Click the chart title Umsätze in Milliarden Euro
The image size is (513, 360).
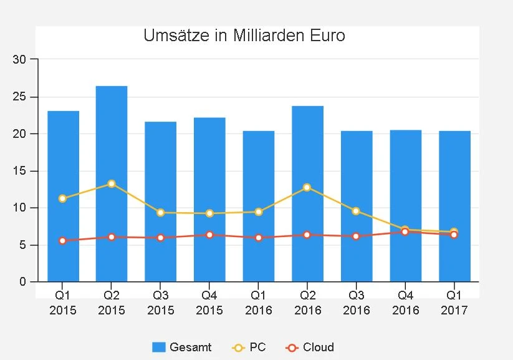point(244,36)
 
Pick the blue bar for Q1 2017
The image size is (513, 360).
point(454,206)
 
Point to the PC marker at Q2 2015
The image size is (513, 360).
point(112,183)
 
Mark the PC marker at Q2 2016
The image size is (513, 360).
point(307,187)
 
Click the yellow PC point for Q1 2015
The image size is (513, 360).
point(62,198)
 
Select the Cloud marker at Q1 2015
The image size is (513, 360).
point(62,240)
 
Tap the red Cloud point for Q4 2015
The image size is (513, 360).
point(209,235)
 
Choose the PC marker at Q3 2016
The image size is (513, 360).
point(356,211)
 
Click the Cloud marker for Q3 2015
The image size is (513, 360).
point(160,238)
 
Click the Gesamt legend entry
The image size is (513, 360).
point(182,348)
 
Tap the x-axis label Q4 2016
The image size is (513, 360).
point(405,303)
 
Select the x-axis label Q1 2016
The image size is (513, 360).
point(258,303)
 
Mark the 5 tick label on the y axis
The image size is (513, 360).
point(23,245)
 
